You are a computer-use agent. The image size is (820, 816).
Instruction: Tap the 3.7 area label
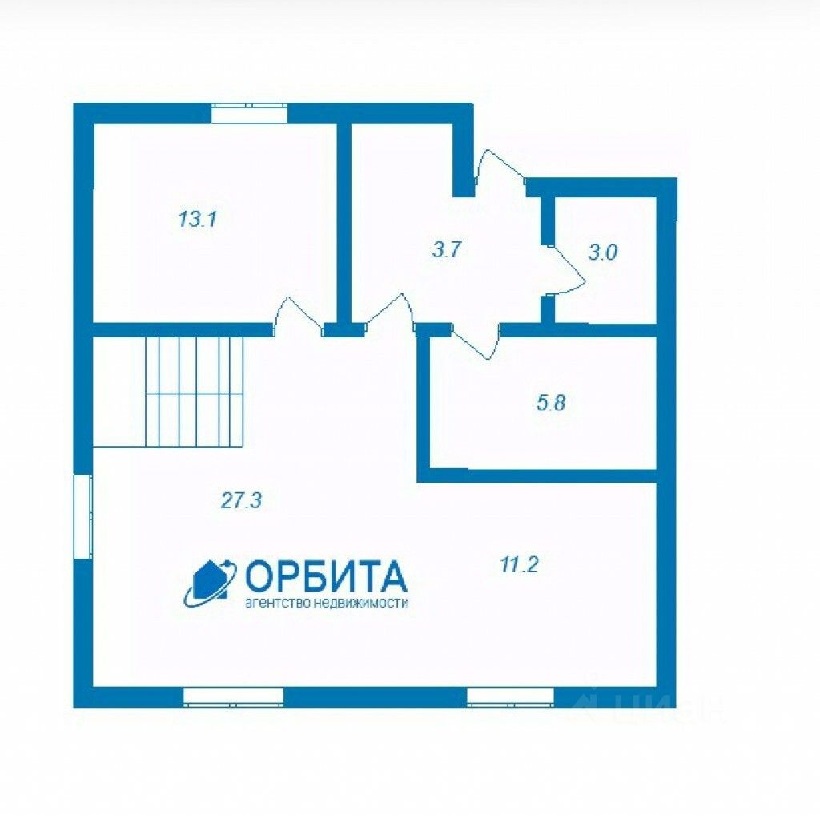coord(446,249)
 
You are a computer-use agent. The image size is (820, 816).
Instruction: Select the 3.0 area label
coord(602,252)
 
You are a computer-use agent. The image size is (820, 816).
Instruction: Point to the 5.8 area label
coord(551,403)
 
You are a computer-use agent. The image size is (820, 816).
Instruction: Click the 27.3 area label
coord(242,500)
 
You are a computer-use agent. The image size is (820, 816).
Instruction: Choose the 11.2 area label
coord(518,564)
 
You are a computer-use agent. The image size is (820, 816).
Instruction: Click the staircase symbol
coord(192,391)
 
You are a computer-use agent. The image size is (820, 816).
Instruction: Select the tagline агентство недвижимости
coord(326,604)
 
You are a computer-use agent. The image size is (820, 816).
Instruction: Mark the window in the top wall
coord(249,113)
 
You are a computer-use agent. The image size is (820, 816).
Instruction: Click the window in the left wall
coord(83,515)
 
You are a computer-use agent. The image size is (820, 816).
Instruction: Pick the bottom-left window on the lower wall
coord(233,697)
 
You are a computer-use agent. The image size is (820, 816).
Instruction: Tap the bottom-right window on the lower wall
coord(510,697)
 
